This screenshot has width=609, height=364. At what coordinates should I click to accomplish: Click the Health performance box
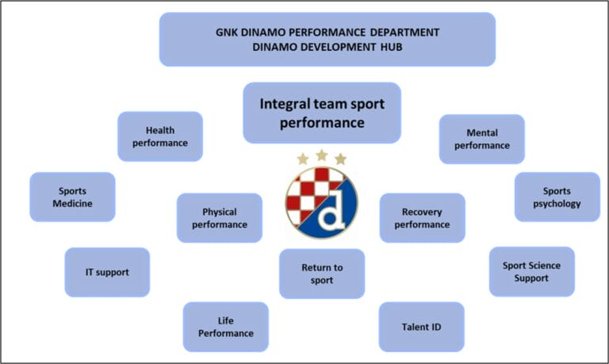(160, 136)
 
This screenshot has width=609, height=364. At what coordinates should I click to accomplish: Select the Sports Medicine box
(72, 197)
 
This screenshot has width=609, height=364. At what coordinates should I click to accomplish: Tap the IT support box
(106, 272)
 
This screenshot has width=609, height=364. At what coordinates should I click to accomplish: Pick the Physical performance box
(219, 218)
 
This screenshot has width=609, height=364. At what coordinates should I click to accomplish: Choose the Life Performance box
(225, 327)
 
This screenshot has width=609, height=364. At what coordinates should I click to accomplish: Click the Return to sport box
(321, 274)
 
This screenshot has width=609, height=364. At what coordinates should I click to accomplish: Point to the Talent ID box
(420, 327)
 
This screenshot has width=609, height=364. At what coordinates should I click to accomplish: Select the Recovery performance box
(422, 218)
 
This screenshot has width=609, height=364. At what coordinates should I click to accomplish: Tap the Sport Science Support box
(530, 271)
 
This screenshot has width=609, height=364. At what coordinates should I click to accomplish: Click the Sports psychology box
(557, 197)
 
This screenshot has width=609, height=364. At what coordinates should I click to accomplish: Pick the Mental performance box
(481, 139)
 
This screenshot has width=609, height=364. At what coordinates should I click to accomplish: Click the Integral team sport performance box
(322, 113)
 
